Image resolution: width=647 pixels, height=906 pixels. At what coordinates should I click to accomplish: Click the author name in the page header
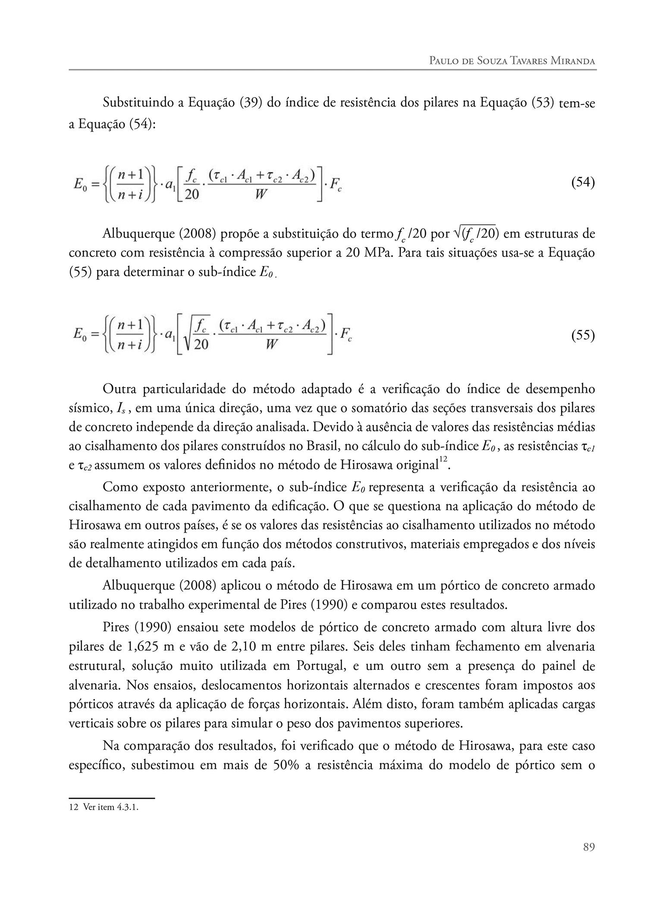pos(512,61)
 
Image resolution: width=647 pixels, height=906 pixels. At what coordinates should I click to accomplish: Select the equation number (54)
pos(583,183)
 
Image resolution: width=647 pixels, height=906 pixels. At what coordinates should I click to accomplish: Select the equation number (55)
pos(583,335)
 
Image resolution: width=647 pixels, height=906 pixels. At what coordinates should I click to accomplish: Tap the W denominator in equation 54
pos(261,194)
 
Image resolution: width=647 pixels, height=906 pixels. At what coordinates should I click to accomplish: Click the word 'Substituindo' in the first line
pos(137,103)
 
